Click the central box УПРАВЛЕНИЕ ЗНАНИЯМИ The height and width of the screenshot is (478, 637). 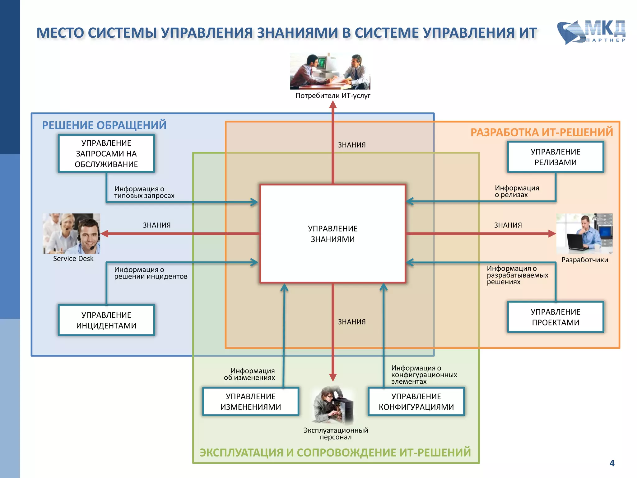[x=332, y=234]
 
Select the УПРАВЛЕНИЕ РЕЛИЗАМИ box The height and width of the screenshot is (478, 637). [x=555, y=157]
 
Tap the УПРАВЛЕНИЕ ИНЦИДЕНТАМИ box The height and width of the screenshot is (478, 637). [x=106, y=320]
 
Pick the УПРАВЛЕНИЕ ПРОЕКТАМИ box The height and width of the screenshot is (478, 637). [x=555, y=317]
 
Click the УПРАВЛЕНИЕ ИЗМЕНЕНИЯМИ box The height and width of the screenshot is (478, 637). [x=251, y=401]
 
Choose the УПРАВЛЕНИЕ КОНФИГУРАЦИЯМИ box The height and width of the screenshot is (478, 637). [x=416, y=401]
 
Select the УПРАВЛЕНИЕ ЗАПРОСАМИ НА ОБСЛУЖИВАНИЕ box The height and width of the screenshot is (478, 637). [x=106, y=153]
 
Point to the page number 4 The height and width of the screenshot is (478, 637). [x=612, y=463]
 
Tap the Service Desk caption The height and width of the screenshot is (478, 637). [x=73, y=259]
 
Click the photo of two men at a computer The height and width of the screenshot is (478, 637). [x=330, y=71]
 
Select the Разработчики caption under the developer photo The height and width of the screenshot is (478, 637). [x=584, y=260]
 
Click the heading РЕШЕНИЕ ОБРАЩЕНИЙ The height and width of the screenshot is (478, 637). [x=104, y=125]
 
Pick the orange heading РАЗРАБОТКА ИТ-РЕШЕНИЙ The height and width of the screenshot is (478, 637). [x=542, y=132]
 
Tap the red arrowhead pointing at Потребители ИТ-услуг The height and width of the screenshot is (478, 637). [x=333, y=105]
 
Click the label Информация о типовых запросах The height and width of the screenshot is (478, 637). [x=144, y=192]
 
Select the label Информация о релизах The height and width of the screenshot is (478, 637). [x=516, y=191]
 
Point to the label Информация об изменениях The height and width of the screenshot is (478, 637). [x=249, y=374]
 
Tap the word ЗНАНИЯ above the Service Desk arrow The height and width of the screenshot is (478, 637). [x=156, y=225]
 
